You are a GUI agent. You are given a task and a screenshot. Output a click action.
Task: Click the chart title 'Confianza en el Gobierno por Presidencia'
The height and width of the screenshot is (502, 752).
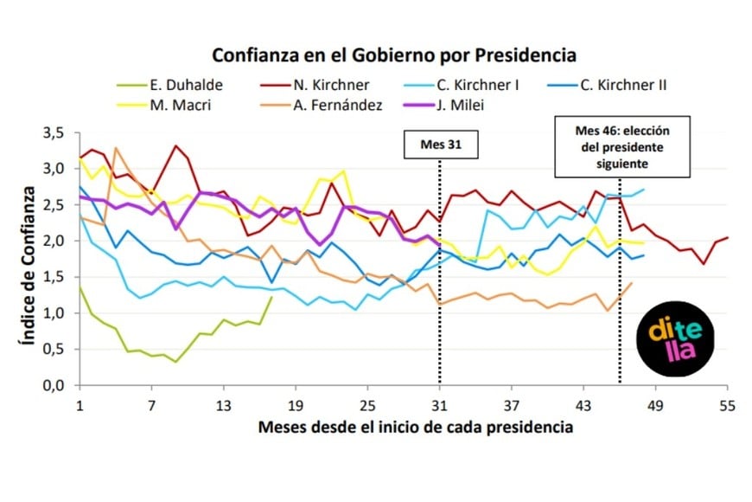394,55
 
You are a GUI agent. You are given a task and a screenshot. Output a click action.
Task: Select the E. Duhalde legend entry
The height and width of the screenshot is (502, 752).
169,85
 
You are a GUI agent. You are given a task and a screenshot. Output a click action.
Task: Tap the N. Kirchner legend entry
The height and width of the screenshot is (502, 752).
315,85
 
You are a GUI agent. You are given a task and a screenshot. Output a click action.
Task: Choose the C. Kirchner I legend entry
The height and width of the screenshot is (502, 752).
462,85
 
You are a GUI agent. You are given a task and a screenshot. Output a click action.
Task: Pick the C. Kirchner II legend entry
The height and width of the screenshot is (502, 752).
607,85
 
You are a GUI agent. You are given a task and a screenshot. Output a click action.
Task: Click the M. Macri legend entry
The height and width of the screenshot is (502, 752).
164,105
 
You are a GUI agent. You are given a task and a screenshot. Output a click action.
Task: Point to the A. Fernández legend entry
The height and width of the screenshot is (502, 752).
322,105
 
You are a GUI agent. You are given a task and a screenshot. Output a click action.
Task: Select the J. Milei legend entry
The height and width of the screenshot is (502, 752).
444,105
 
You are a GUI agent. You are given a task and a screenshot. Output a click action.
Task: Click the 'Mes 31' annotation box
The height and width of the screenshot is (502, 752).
441,145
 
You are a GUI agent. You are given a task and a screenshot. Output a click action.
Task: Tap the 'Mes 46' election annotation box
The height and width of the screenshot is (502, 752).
622,147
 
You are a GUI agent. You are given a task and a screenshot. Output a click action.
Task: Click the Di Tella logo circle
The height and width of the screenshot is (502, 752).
675,338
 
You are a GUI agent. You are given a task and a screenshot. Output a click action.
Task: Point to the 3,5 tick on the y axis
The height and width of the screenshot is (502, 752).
54,132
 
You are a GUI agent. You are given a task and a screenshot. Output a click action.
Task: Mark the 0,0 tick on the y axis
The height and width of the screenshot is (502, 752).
54,385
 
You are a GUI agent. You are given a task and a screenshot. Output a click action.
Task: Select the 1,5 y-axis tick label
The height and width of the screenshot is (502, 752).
54,277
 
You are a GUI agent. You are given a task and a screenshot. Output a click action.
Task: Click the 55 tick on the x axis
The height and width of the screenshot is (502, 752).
727,406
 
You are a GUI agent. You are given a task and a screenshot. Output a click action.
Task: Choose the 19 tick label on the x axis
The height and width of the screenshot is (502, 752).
296,406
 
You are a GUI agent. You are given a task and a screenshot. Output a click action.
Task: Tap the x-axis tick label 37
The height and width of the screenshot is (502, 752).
511,406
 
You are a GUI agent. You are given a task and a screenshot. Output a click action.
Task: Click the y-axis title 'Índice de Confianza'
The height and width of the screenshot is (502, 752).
28,266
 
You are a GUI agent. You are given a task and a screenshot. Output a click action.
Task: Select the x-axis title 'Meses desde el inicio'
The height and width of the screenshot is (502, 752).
416,427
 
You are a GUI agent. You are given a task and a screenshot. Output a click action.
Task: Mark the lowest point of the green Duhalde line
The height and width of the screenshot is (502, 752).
175,362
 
